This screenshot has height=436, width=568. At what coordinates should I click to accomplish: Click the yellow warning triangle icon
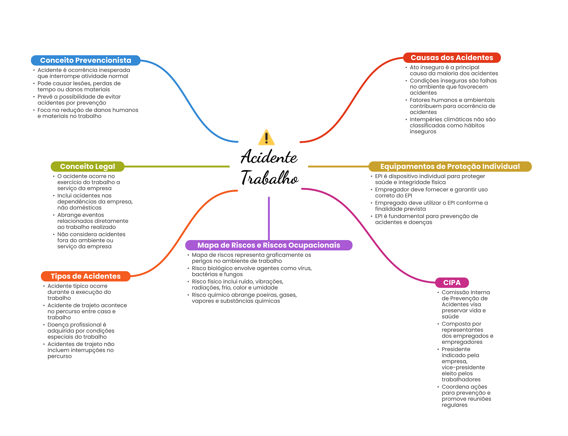tap(266, 138)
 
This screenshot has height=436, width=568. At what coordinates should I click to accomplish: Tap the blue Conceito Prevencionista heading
tap(85, 60)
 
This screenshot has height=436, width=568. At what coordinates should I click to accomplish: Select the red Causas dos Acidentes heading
tap(452, 58)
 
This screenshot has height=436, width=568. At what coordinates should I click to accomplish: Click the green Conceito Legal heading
tap(87, 166)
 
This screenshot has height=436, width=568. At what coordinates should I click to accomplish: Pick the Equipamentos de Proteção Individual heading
tap(450, 166)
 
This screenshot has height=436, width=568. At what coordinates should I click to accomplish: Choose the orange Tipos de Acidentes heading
tap(85, 276)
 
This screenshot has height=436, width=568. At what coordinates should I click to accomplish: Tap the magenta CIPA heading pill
tap(452, 283)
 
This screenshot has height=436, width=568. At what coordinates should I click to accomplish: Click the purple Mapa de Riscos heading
tap(268, 245)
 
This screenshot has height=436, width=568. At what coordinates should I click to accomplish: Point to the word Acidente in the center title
tap(269, 157)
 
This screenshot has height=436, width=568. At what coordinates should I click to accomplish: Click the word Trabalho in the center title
tap(270, 178)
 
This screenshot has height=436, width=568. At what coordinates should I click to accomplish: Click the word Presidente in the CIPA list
tap(456, 349)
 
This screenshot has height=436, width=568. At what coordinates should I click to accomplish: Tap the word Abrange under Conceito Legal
tap(67, 215)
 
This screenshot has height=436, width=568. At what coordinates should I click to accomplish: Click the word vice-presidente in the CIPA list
tap(463, 367)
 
